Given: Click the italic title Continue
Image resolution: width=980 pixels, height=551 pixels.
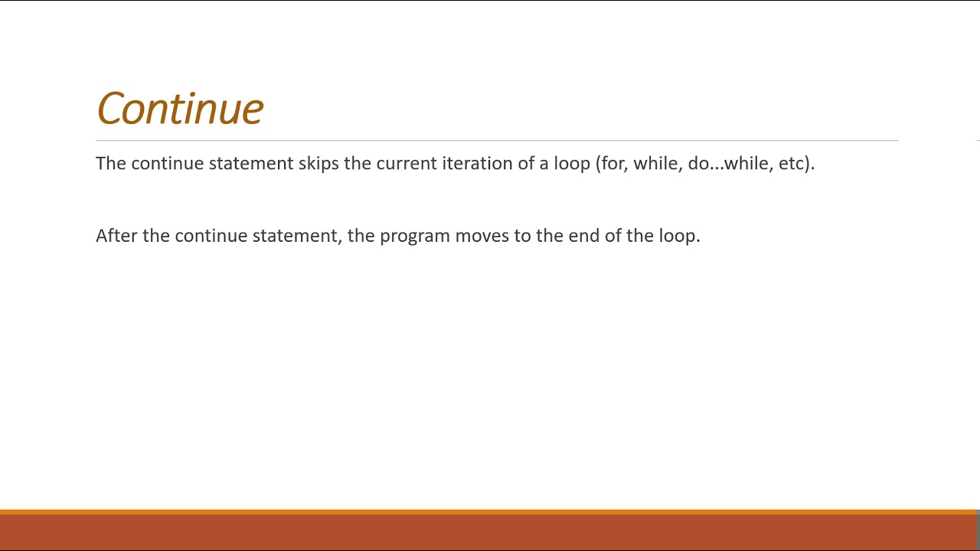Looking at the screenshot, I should coord(180,109).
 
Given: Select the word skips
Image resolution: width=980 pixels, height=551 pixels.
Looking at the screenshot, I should coord(318,164).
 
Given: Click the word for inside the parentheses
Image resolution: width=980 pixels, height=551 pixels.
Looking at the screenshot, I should coord(614,164).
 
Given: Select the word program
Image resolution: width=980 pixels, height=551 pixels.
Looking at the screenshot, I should coord(414,236).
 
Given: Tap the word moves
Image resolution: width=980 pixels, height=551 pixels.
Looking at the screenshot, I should coord(482,236).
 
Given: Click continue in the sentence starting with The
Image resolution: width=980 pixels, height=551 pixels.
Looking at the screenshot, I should coord(167,164).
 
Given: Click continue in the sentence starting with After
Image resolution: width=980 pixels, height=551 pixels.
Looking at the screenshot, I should coord(211,236).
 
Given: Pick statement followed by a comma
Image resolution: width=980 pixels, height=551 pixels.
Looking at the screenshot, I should coord(296,236).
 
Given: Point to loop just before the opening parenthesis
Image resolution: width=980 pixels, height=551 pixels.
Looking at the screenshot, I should coord(572,164).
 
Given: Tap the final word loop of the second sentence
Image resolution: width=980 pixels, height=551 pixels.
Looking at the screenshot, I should coord(678,236).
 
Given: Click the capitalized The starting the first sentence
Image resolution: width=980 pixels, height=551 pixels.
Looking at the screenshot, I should coord(110,164).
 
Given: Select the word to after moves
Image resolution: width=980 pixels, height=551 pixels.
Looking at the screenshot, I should coord(522,236).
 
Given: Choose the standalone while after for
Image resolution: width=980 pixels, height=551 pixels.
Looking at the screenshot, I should coord(655,164).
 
